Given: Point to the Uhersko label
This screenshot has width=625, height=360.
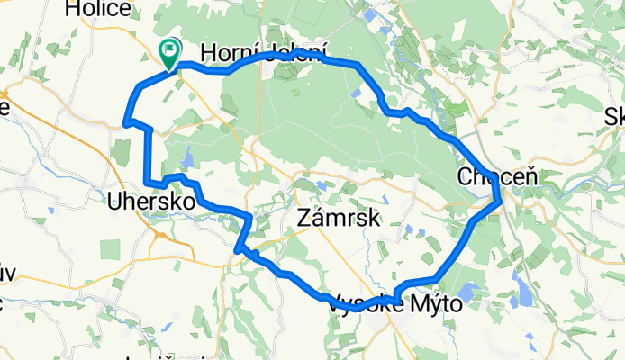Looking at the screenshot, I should (x=151, y=202).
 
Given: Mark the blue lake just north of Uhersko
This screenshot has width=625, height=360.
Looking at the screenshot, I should (x=188, y=160).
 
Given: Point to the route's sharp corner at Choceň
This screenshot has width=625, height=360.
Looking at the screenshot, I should (x=501, y=202).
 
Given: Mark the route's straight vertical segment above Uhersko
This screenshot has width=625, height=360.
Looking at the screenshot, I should (x=147, y=158).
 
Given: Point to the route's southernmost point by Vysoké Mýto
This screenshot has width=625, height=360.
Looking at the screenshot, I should (x=356, y=308).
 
